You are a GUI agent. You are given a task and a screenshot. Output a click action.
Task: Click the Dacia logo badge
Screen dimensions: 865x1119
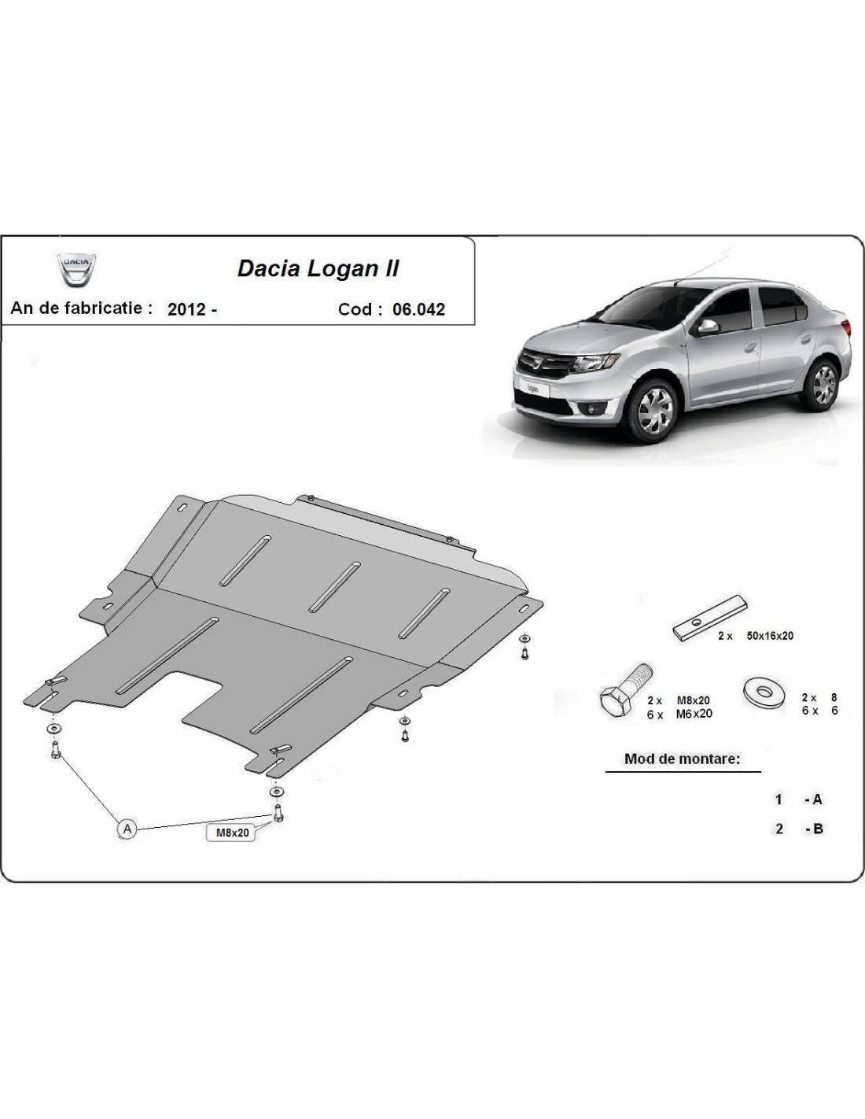point(76,269)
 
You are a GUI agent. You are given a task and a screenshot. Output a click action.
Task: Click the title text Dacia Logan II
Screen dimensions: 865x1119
point(318,269)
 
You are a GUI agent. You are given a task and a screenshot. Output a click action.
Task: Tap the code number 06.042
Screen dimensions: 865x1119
point(418,309)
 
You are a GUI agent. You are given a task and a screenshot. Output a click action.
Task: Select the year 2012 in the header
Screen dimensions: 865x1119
point(187,309)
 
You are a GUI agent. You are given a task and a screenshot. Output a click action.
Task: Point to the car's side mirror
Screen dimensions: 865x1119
point(707,327)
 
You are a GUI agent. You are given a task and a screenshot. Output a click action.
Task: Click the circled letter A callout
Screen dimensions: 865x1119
point(127,829)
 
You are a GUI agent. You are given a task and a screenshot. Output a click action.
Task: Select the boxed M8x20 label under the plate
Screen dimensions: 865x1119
point(231,833)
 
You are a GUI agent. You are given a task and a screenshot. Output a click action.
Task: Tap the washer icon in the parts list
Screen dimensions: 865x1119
point(764,692)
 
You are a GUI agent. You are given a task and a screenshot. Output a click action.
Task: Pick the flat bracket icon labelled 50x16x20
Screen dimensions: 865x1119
point(710,619)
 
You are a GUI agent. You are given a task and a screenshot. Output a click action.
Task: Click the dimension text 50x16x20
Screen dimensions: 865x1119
point(770,636)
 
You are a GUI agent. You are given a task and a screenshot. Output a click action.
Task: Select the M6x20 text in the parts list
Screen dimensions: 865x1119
point(694,714)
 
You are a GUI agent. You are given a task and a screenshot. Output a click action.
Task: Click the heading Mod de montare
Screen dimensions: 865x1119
point(683,759)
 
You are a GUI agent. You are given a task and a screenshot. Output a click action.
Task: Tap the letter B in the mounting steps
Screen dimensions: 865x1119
point(818,829)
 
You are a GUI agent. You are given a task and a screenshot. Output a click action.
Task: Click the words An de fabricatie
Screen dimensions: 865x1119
point(81,308)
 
